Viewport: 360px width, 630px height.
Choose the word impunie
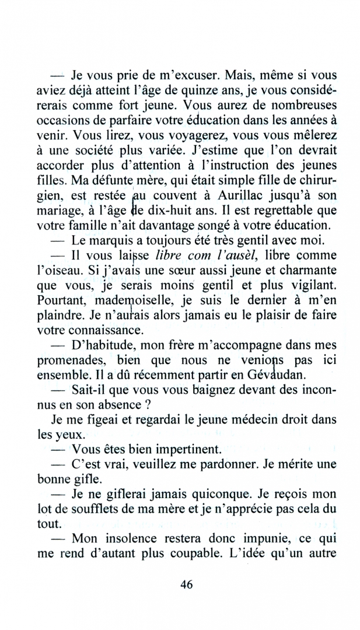261,538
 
